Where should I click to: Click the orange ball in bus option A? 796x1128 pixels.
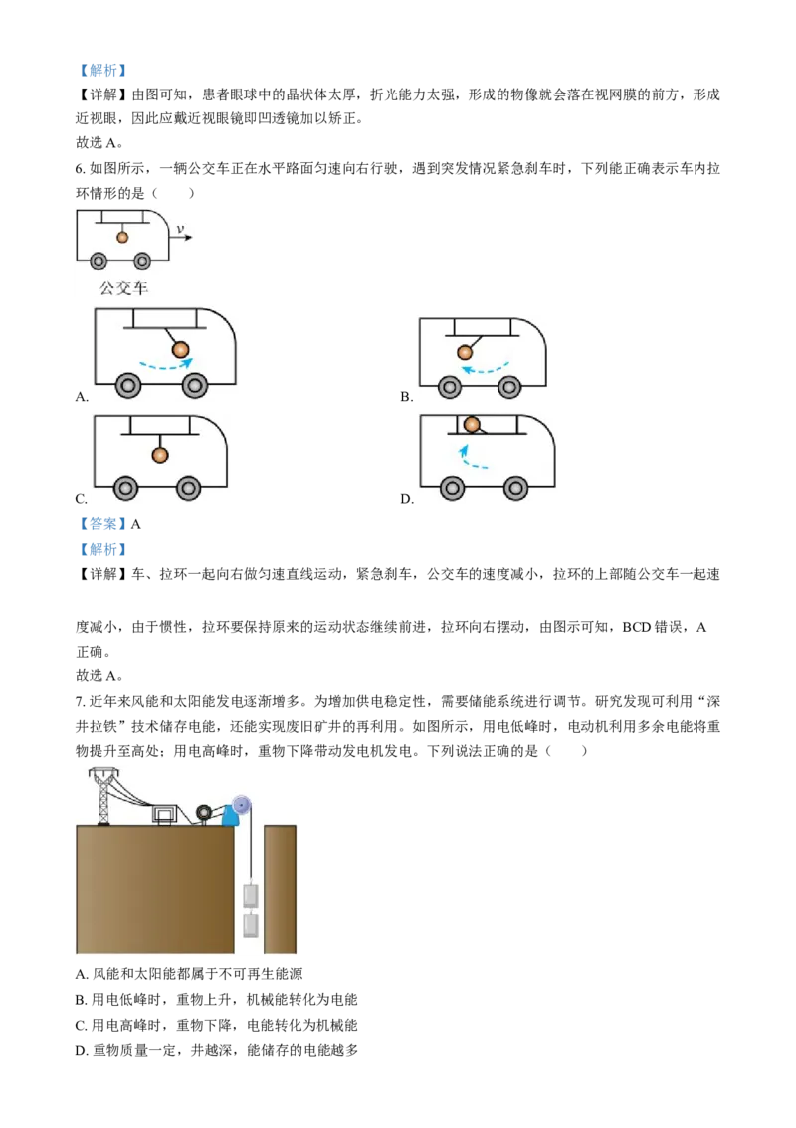tap(180, 350)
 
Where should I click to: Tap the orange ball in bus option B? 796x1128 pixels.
tap(465, 352)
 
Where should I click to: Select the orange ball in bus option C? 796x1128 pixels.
tap(160, 455)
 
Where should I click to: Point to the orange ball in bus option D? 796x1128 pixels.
tap(472, 425)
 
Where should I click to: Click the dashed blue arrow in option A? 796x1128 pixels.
tap(165, 366)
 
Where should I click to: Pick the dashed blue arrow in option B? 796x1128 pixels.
tap(485, 370)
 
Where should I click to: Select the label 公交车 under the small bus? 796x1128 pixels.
tap(123, 288)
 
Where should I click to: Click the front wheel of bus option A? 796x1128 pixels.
tap(194, 386)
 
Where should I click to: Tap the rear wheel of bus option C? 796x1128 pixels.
tap(126, 489)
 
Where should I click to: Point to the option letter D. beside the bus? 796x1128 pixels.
tap(407, 499)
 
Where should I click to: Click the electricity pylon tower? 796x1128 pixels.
tap(103, 796)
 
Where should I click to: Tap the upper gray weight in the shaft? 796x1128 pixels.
tap(251, 896)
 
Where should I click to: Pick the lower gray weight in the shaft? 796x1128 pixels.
tap(251, 925)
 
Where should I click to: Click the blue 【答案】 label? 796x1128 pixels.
tap(102, 524)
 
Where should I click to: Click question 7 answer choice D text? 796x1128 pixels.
tap(217, 1050)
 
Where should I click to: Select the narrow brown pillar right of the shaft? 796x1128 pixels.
tap(280, 889)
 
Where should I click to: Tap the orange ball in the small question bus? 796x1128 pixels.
tap(122, 237)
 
